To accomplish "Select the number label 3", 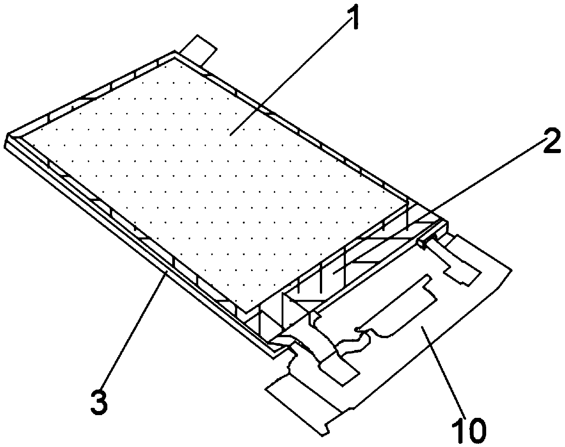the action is [99, 400].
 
